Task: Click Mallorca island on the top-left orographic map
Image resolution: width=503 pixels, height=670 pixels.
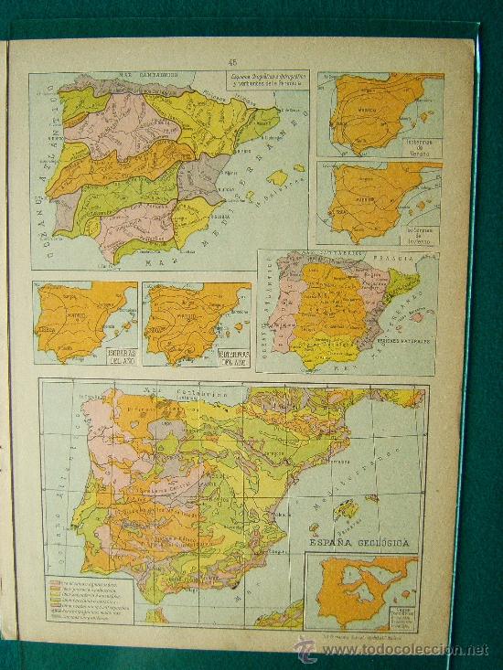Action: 276,176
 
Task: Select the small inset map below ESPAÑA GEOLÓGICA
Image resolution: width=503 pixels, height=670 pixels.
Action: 362,594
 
